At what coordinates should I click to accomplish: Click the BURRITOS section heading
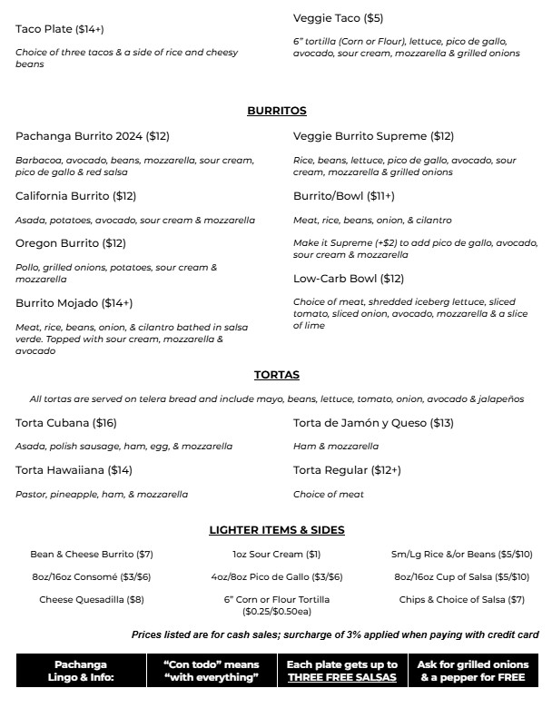click(x=276, y=111)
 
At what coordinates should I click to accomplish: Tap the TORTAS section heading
click(x=276, y=375)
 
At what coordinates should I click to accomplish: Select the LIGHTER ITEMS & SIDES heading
click(x=276, y=530)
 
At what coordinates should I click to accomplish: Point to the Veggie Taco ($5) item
click(x=338, y=18)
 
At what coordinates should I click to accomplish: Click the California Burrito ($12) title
click(x=75, y=196)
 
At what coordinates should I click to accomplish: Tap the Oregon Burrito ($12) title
click(x=71, y=243)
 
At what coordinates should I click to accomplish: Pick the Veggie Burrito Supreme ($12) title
click(x=373, y=136)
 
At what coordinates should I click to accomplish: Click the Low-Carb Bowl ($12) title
click(x=349, y=279)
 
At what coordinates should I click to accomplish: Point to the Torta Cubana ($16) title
click(x=66, y=423)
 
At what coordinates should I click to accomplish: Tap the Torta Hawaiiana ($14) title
click(x=74, y=470)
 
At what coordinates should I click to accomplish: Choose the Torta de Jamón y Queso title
click(x=373, y=423)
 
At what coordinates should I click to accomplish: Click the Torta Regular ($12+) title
click(x=347, y=470)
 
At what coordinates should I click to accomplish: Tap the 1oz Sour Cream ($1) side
click(x=276, y=554)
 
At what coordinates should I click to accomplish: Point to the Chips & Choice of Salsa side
click(x=461, y=599)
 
